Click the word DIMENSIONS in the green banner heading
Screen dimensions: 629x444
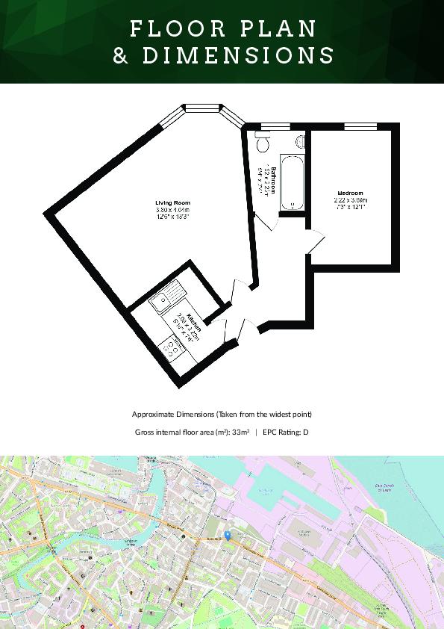[x=238, y=55]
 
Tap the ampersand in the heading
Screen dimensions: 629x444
[x=121, y=55]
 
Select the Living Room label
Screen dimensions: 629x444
[x=172, y=203]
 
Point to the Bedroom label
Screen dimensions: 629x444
[x=351, y=193]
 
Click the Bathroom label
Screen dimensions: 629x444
[x=274, y=180]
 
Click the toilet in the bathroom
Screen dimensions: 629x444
[x=262, y=140]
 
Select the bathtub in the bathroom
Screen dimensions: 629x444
[x=290, y=182]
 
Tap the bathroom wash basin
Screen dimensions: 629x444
[x=300, y=140]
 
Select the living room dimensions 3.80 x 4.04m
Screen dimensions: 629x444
[x=172, y=210]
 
